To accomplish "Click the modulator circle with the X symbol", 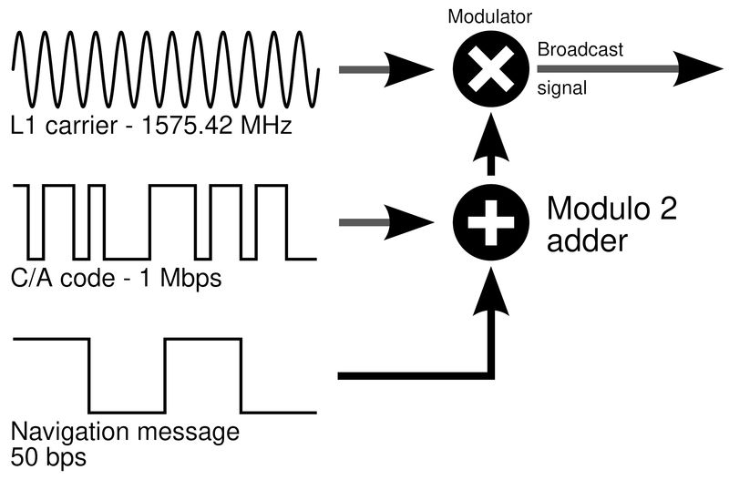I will coord(491,69).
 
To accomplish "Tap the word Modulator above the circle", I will coord(491,17).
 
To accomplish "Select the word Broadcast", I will coord(580,49).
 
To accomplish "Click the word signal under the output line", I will coord(561,89).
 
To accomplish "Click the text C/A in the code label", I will coord(30,278).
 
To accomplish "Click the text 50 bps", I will coord(46,453).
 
